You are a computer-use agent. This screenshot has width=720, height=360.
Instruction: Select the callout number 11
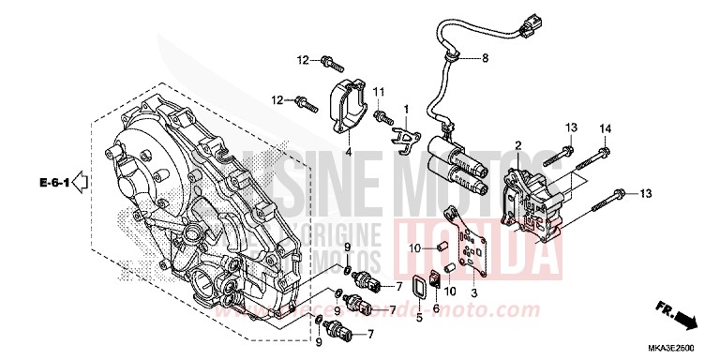click(380, 92)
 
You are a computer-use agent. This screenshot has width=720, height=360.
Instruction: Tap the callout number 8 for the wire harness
click(485, 59)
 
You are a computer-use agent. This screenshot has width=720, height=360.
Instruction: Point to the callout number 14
click(604, 127)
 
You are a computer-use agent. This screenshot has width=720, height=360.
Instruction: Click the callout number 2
click(517, 145)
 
